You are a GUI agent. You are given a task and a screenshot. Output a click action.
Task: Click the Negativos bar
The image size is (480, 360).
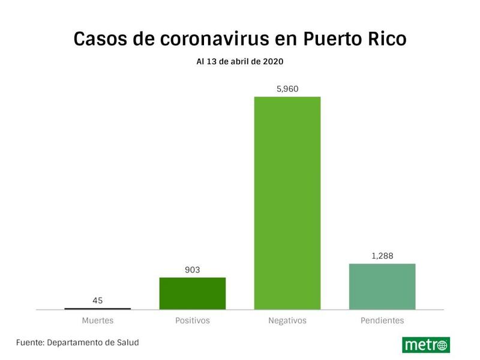(x=287, y=203)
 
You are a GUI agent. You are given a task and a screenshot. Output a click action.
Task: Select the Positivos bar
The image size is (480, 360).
(x=192, y=293)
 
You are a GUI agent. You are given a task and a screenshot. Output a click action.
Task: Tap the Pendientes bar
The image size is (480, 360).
(x=382, y=286)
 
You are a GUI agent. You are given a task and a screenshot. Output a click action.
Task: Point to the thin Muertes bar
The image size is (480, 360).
(x=97, y=308)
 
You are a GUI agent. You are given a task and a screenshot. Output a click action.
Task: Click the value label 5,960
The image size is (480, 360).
(x=287, y=89)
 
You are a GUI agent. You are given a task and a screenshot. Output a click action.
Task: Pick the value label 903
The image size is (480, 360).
(x=192, y=270)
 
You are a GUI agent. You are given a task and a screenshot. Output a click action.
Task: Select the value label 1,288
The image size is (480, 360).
(x=382, y=256)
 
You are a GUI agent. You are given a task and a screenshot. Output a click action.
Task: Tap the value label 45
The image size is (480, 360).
(x=97, y=301)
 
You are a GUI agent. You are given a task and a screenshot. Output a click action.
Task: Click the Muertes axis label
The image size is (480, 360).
(x=97, y=320)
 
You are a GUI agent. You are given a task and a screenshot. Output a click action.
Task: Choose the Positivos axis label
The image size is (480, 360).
(x=192, y=320)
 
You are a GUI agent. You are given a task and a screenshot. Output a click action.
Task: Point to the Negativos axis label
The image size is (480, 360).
(x=287, y=320)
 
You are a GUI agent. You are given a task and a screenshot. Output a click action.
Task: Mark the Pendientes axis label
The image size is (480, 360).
(x=382, y=320)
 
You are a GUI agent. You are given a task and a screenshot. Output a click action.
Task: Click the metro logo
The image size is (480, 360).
(x=426, y=345)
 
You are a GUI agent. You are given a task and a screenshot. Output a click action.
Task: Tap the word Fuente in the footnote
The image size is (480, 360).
(x=31, y=343)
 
